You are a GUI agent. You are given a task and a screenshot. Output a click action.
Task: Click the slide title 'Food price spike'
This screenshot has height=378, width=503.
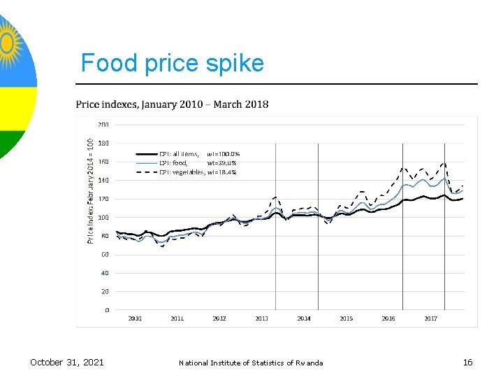(172, 63)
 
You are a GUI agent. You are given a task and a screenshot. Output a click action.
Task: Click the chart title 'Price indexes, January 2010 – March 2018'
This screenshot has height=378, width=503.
(172, 104)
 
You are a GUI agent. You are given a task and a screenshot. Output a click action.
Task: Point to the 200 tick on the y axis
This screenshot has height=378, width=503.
(103, 125)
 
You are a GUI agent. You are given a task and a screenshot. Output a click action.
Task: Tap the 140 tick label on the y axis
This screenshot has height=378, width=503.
(103, 180)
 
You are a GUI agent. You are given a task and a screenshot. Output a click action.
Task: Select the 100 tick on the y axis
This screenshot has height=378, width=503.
(103, 217)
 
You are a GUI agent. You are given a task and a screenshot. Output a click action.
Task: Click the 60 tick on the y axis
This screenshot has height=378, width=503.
(104, 254)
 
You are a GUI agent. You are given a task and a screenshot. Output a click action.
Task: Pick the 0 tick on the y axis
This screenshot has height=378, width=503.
(106, 309)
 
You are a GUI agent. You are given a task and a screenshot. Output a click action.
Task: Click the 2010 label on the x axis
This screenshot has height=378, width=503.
(135, 318)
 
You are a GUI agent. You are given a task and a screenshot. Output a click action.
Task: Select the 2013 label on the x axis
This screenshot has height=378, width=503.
(261, 318)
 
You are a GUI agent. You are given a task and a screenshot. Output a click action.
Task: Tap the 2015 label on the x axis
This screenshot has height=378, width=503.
(346, 318)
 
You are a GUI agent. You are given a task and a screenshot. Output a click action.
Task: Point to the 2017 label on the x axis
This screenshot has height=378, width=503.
(430, 318)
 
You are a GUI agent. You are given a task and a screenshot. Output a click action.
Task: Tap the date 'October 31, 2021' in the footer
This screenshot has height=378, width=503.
(67, 362)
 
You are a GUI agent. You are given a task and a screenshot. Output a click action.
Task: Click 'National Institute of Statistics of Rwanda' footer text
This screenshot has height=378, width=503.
(251, 363)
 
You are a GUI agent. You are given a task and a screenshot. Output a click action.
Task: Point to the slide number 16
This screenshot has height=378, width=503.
(467, 362)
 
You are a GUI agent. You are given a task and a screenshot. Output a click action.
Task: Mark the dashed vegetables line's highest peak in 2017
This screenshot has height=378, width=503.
(443, 164)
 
